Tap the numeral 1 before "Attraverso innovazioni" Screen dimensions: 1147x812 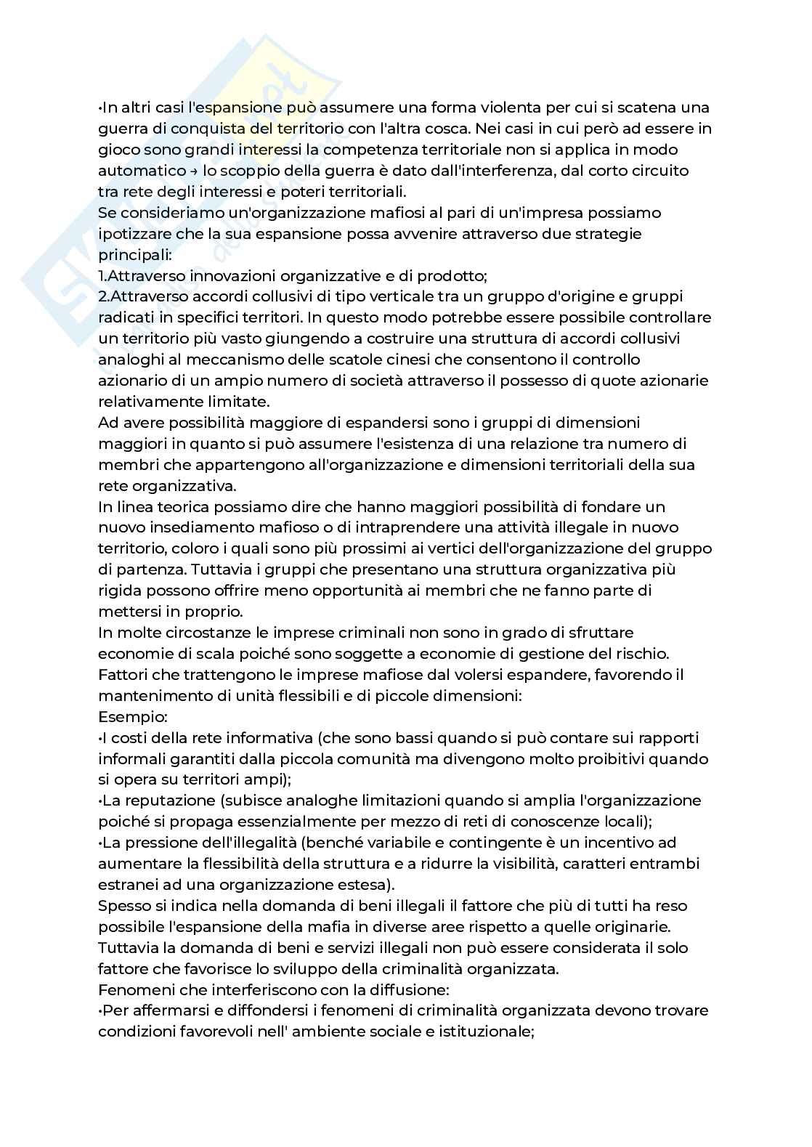(101, 276)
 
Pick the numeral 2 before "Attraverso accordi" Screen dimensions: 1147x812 (102, 297)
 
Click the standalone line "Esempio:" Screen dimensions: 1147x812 (133, 717)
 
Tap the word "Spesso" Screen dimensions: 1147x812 (120, 906)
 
